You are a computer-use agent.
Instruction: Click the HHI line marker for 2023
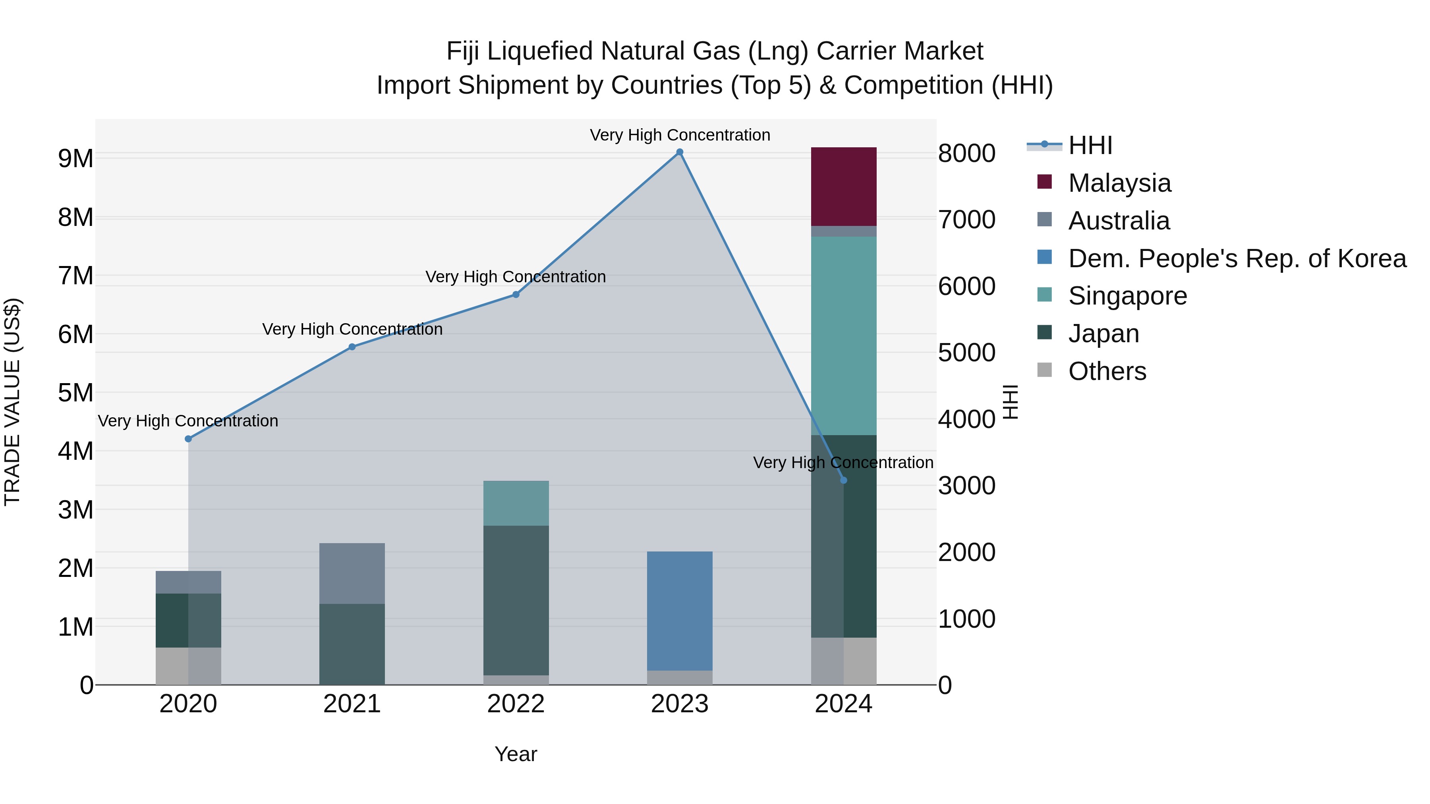(680, 152)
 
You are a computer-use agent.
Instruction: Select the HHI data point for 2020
(188, 439)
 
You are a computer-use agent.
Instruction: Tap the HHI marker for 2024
(844, 480)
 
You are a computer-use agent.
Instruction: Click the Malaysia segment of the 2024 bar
(844, 187)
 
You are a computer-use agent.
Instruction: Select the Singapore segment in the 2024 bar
(844, 335)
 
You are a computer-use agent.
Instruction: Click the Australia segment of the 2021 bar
(352, 573)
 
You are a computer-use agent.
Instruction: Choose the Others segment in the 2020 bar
(188, 666)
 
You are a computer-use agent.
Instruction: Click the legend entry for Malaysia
(1119, 183)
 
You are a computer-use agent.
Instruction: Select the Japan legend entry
(1103, 334)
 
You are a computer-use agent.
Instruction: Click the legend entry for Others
(1107, 371)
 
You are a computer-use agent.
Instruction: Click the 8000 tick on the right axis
(966, 154)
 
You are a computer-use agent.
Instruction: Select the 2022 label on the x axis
(516, 704)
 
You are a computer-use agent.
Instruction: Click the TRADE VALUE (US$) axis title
(13, 402)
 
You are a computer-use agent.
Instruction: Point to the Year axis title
(516, 754)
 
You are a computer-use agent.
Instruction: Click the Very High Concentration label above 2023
(680, 135)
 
